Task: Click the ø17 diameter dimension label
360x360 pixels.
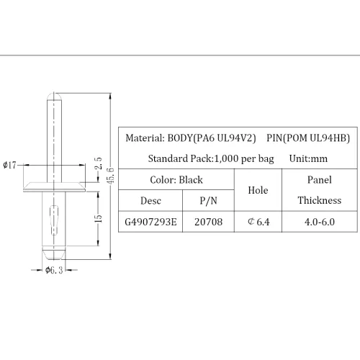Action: (9, 165)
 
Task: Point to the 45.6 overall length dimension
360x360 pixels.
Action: (110, 176)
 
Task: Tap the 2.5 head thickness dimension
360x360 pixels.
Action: (98, 163)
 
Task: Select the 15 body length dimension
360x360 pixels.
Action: (99, 218)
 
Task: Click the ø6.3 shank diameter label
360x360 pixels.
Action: (54, 270)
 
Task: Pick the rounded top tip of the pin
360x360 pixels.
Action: (54, 96)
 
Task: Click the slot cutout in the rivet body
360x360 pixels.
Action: (54, 220)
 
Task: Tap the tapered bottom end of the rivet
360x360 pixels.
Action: (54, 254)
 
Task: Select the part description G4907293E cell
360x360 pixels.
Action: (150, 222)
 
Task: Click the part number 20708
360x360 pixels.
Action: (208, 222)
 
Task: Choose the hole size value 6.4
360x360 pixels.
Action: (258, 222)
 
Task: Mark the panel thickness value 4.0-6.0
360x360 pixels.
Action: (320, 222)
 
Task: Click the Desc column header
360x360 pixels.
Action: (150, 201)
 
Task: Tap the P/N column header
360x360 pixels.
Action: (208, 201)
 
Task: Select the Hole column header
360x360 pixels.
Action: (258, 190)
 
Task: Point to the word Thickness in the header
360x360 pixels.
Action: (320, 200)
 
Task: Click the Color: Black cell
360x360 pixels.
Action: (176, 180)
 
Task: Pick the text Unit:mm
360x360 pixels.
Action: (308, 158)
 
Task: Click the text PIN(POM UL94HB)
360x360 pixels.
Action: (308, 138)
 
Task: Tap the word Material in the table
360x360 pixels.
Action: (145, 138)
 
